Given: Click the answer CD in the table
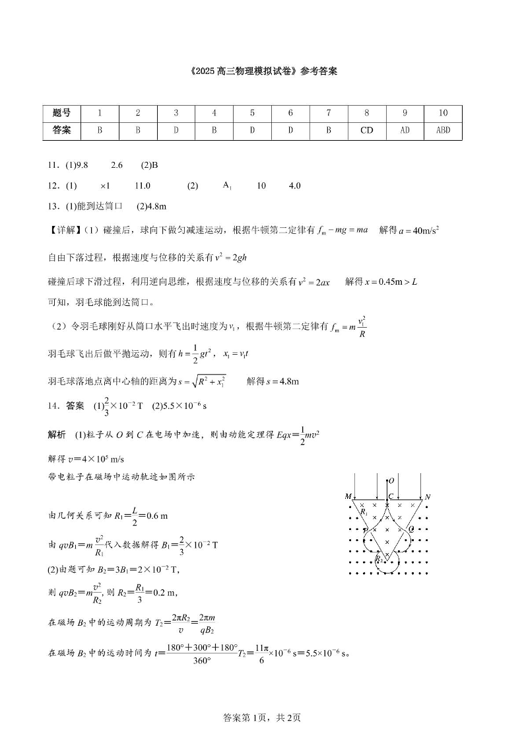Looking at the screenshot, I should coord(367,130).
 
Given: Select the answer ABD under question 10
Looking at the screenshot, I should coord(443,130).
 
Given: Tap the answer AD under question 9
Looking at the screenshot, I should coord(405,130).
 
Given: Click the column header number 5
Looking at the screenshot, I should coord(252,113).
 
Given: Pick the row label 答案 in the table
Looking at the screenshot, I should coord(61,130).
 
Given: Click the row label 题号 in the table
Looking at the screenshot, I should coord(61,113).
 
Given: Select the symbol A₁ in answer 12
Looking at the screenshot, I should coord(227,186).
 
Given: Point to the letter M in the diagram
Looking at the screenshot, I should coord(348,496).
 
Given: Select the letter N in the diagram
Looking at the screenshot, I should coord(428,496).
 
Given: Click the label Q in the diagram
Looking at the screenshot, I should coord(412,529).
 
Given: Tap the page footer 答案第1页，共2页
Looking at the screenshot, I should coord(262,717).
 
